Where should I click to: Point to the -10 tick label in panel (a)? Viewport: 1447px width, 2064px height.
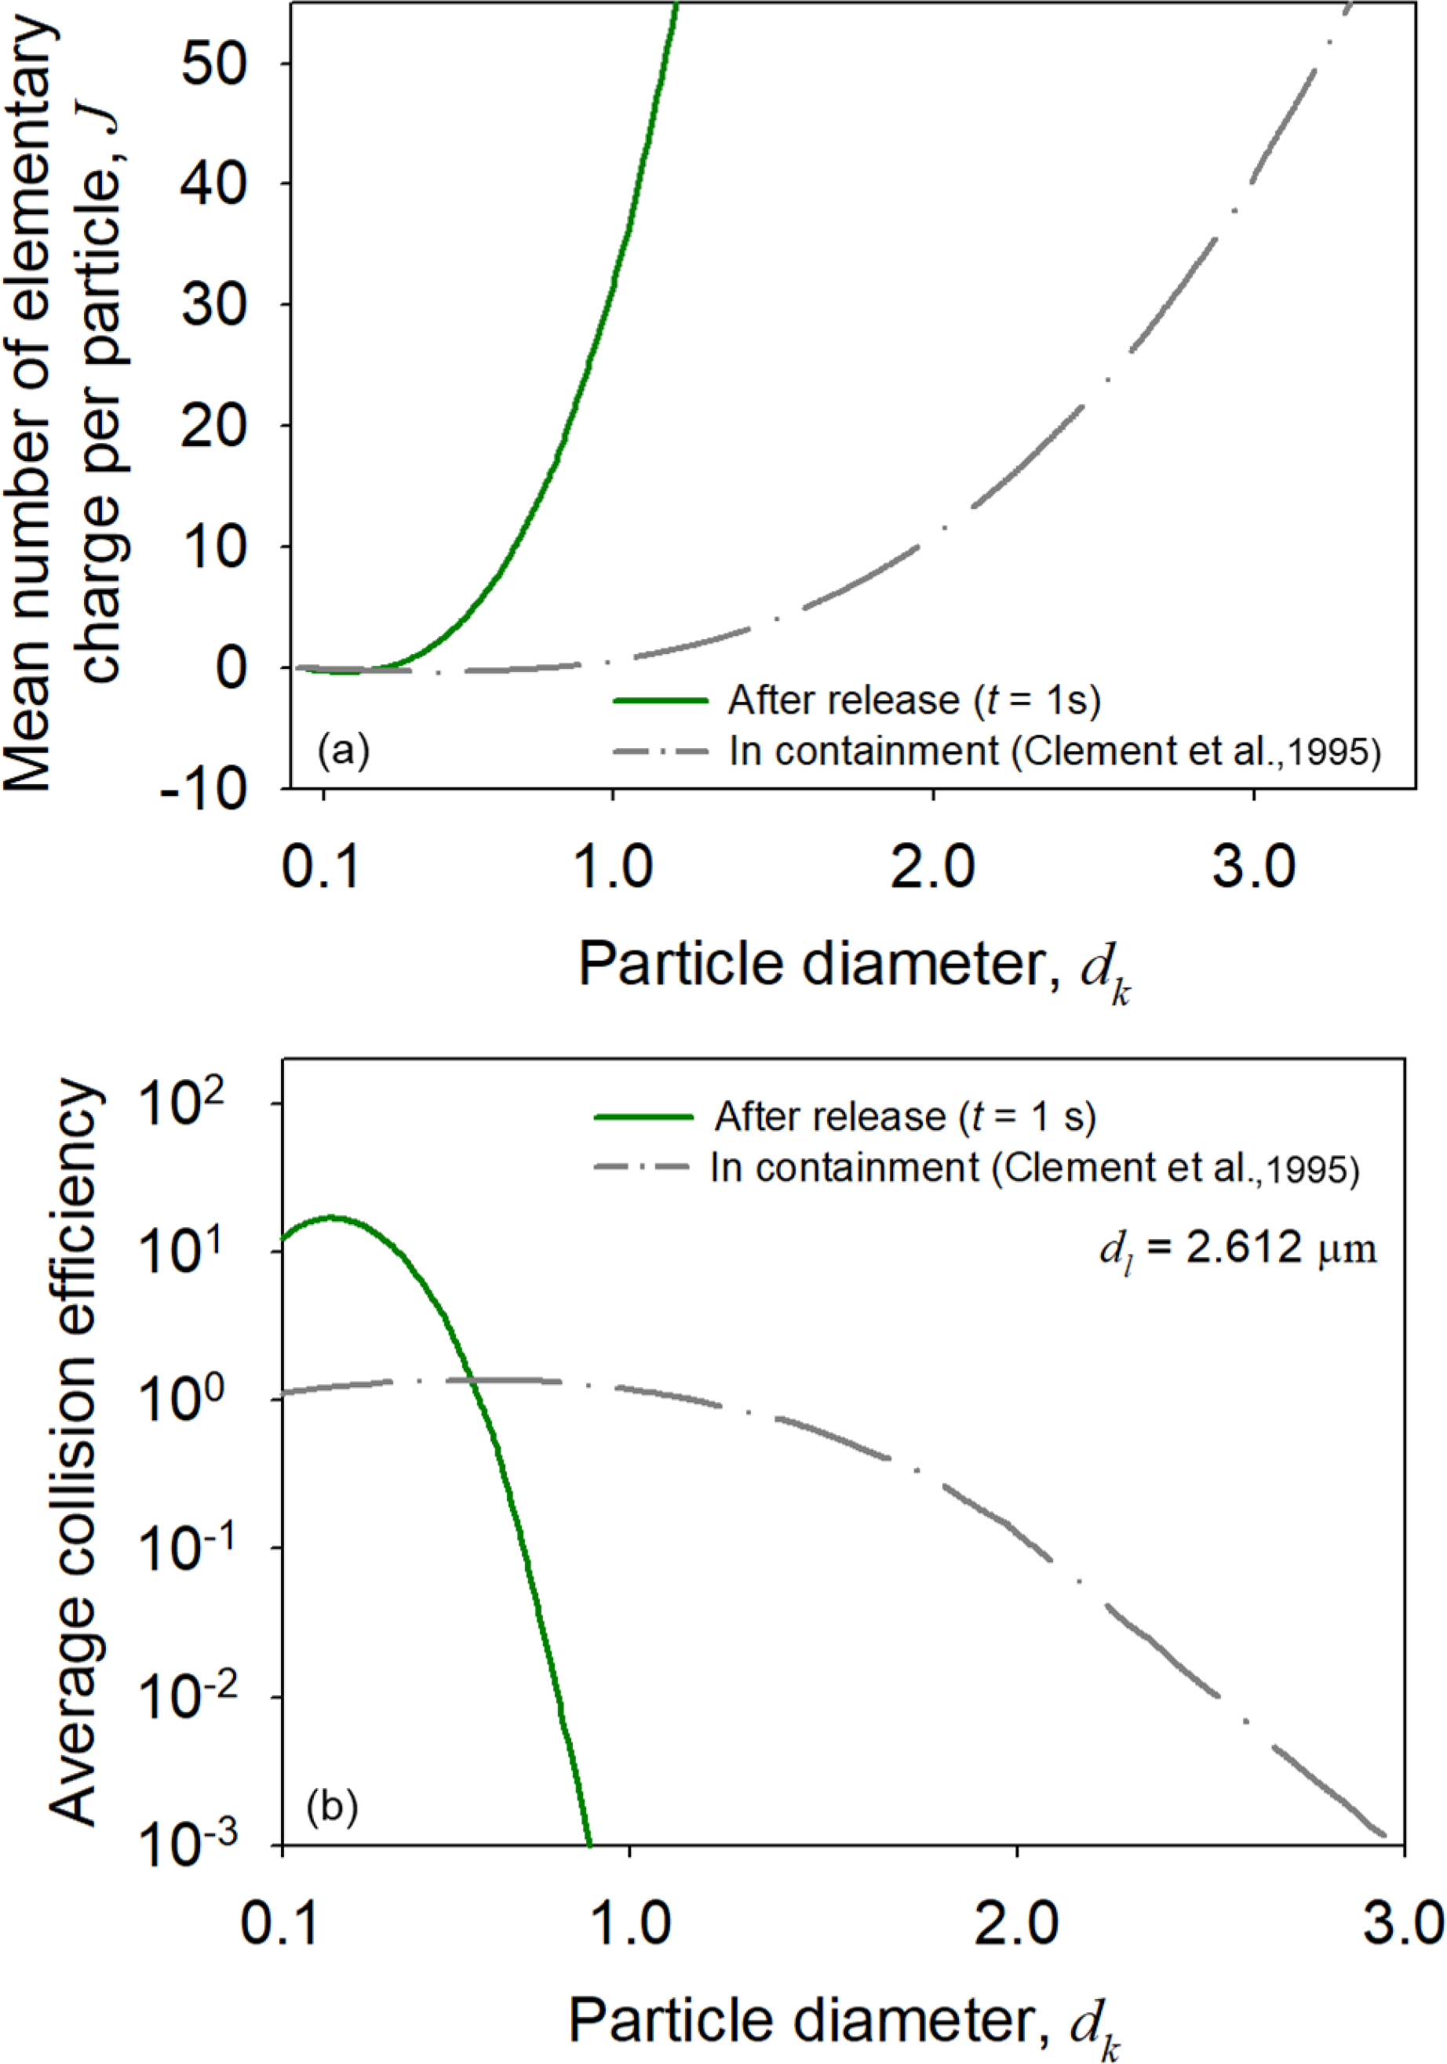[x=203, y=791]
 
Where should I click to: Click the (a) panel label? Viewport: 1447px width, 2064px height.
[x=343, y=749]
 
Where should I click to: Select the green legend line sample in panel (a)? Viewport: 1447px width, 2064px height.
[x=660, y=700]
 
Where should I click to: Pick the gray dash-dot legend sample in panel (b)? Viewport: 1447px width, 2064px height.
[x=642, y=1168]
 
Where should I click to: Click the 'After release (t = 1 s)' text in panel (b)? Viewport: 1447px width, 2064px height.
[x=905, y=1117]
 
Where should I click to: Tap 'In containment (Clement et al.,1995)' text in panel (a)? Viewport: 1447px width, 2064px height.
[x=1054, y=751]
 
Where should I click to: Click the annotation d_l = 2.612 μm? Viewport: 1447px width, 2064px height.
[x=1237, y=1248]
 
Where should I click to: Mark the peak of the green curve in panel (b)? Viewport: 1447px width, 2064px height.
[x=332, y=1217]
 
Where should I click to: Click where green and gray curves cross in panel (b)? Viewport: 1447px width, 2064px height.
[x=475, y=1378]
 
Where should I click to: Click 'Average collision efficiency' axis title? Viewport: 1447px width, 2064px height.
[x=74, y=1456]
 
